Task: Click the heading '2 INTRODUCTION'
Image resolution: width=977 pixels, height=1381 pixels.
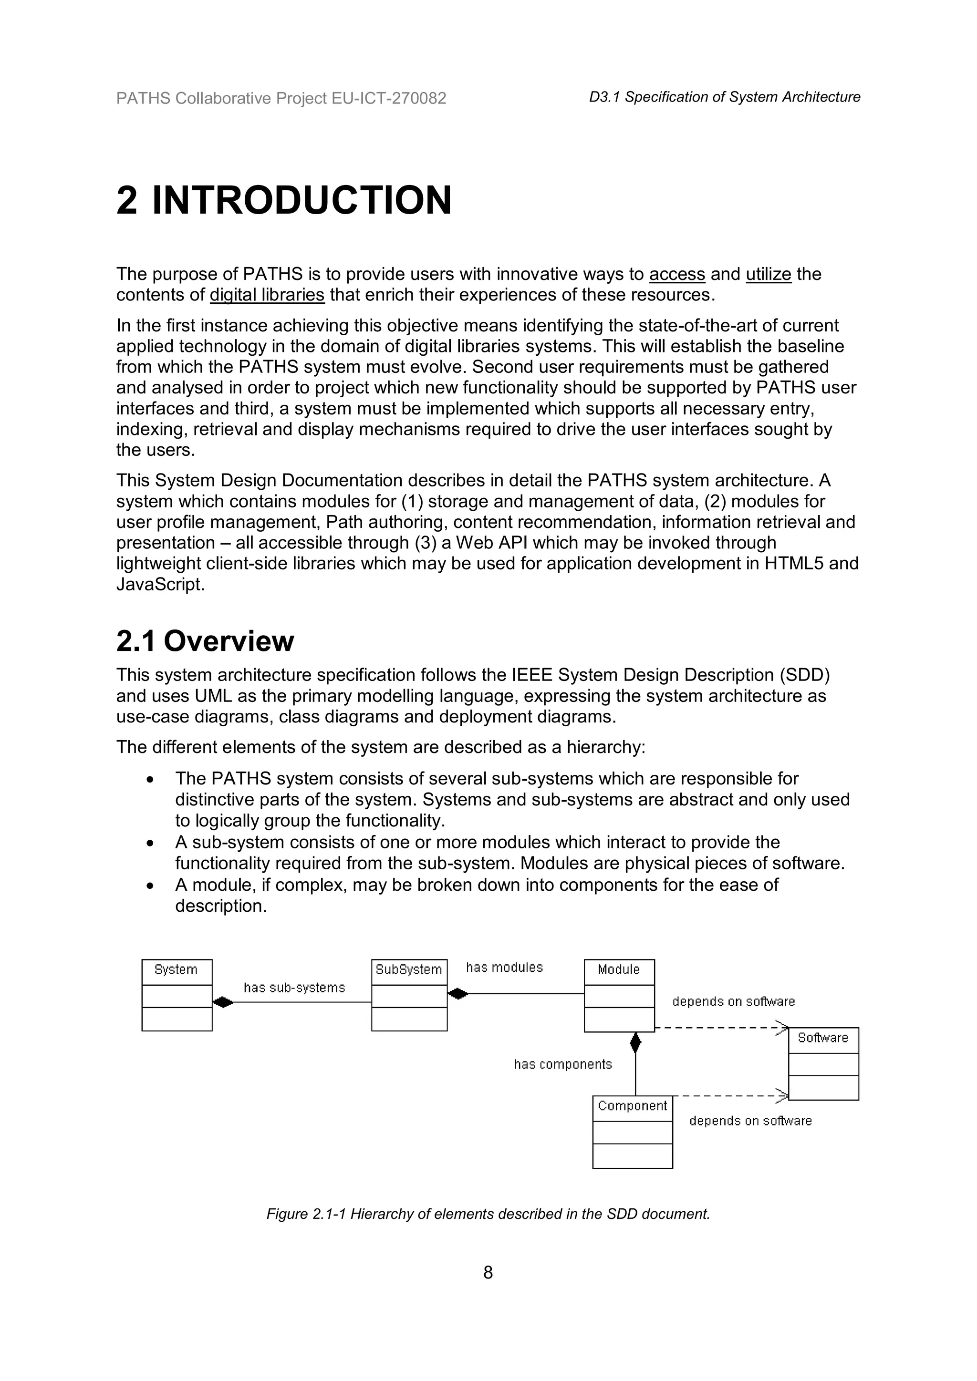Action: click(x=283, y=200)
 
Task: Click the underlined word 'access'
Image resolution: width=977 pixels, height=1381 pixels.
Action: click(x=677, y=274)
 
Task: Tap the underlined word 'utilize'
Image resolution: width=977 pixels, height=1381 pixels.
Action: click(x=768, y=274)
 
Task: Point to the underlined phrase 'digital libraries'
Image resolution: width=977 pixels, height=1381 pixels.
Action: click(x=267, y=295)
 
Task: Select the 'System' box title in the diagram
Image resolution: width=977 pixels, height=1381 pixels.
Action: click(x=176, y=969)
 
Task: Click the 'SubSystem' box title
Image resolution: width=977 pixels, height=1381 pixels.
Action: click(x=408, y=969)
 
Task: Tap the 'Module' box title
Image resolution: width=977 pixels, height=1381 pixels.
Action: click(x=618, y=969)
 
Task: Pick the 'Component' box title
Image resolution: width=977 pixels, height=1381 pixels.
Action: click(x=632, y=1105)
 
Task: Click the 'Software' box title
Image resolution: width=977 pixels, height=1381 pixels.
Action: click(x=822, y=1038)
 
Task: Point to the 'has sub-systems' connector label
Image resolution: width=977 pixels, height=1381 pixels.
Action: click(x=294, y=988)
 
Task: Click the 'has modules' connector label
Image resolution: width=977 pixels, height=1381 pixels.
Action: click(x=504, y=967)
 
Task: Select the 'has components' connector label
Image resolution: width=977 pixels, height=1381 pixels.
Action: click(x=562, y=1064)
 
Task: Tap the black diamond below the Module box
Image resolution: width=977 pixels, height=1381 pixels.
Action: click(x=635, y=1042)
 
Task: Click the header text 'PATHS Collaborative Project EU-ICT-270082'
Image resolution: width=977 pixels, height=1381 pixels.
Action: click(x=281, y=99)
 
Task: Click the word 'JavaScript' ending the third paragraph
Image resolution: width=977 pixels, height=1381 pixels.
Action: click(x=159, y=585)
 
